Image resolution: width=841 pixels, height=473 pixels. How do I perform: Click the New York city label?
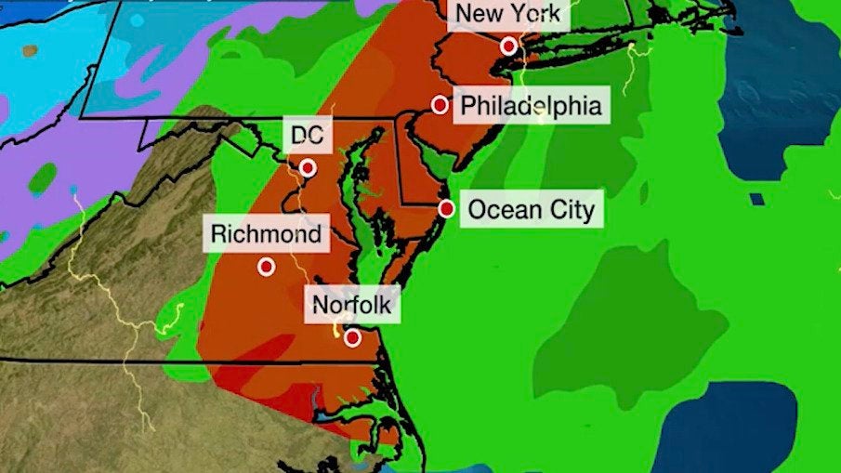coord(508,15)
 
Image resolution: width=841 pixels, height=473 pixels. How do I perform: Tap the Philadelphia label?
coord(531,105)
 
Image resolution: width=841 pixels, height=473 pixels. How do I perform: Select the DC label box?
coord(307,136)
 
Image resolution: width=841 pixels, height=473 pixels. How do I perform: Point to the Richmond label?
coord(266,234)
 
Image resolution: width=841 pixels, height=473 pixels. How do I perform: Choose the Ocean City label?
coord(531,209)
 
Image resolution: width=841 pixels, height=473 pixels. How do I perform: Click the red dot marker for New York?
coord(508,46)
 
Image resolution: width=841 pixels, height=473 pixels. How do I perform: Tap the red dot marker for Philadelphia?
coord(440,105)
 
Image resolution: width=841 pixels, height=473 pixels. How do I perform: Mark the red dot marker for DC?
coord(308,168)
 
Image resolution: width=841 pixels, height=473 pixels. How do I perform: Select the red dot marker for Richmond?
coord(267,267)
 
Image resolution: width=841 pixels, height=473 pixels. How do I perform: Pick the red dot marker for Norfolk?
coord(352,337)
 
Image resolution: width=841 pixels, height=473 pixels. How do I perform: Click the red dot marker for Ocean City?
coord(446,209)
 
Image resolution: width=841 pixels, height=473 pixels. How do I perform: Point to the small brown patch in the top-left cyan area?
coord(30,50)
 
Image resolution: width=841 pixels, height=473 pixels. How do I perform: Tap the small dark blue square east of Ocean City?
coord(757,199)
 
